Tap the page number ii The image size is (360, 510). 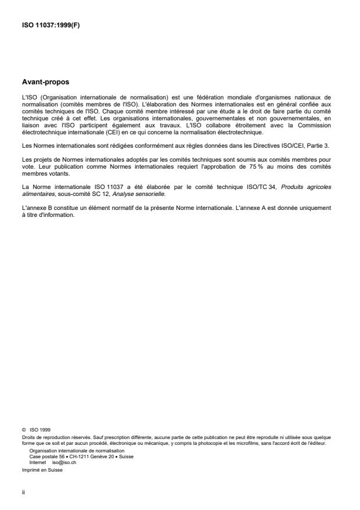[23, 491]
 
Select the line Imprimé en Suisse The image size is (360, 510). [42, 470]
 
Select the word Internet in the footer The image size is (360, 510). [38, 462]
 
